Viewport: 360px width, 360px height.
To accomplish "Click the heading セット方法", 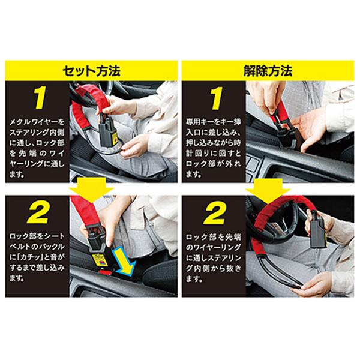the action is click(x=92, y=71).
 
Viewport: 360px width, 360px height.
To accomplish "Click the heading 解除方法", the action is click(x=268, y=71).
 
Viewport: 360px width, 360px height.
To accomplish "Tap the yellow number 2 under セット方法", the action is click(x=38, y=213).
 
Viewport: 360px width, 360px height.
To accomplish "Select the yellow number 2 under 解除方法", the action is click(x=214, y=213).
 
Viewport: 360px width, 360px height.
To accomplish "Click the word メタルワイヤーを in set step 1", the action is click(x=37, y=122).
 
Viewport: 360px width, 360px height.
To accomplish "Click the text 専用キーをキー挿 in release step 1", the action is click(x=213, y=122).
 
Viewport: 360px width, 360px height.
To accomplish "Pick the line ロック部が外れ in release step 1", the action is click(x=213, y=164).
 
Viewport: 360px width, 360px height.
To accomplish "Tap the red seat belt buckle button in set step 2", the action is click(x=106, y=272).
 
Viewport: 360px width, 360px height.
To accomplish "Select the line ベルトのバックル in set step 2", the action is click(x=37, y=247).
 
